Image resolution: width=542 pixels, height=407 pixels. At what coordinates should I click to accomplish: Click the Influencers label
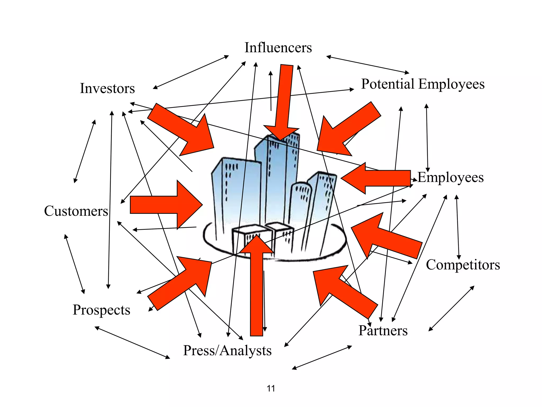click(278, 48)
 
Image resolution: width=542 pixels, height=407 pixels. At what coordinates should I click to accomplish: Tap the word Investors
click(107, 89)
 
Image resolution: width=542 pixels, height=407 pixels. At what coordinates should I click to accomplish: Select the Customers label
click(76, 211)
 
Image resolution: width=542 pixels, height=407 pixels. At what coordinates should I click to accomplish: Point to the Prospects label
click(101, 310)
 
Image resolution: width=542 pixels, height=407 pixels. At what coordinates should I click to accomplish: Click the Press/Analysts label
click(227, 351)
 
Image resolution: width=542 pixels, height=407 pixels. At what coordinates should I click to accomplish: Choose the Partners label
click(383, 331)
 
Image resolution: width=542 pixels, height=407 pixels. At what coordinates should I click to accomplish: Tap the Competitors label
click(463, 265)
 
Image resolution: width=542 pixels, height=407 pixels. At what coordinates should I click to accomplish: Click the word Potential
click(388, 84)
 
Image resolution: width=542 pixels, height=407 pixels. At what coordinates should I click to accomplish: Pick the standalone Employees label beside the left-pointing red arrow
click(451, 178)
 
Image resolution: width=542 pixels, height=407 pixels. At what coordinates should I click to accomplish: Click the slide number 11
click(271, 388)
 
